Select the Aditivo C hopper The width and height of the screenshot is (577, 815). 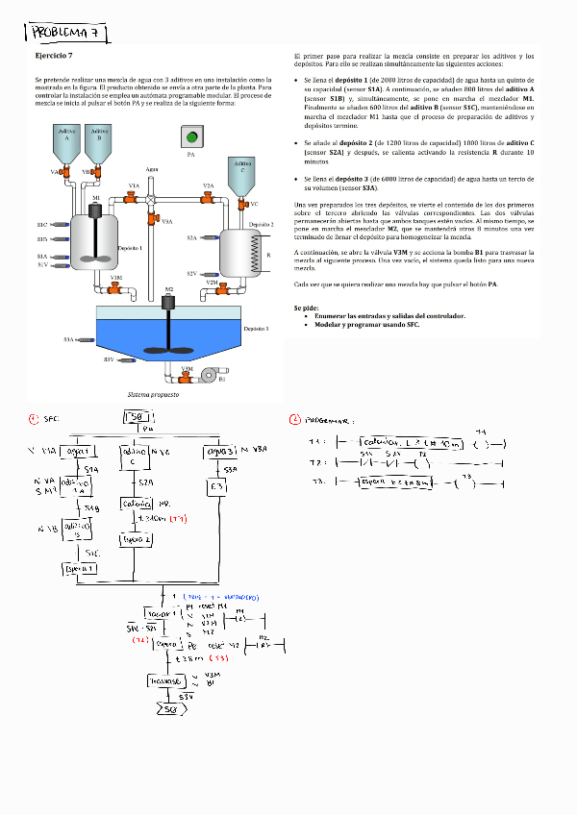(x=240, y=175)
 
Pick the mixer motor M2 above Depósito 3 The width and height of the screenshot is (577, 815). (x=169, y=302)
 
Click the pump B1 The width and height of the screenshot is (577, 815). (x=205, y=378)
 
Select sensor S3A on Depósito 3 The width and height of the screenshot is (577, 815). (x=85, y=339)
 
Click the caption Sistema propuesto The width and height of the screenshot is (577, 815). (x=152, y=395)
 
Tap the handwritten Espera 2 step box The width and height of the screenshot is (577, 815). (x=136, y=540)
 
